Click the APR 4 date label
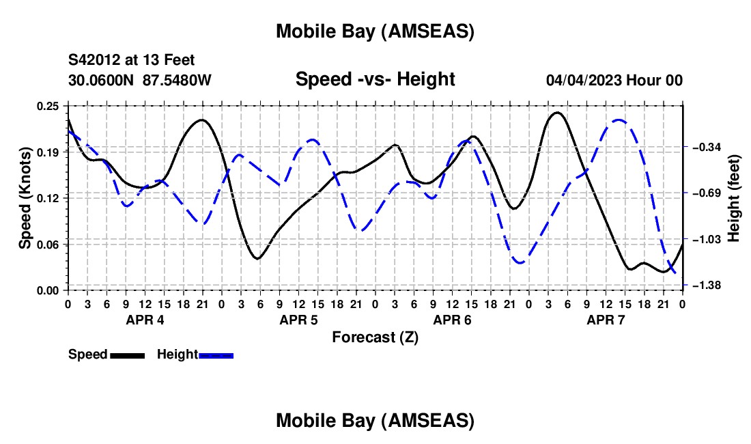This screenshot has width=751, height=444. click(144, 320)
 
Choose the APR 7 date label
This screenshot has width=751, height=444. click(605, 320)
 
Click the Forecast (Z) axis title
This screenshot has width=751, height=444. click(375, 337)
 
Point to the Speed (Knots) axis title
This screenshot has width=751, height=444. click(25, 198)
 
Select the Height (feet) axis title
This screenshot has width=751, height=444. click(735, 198)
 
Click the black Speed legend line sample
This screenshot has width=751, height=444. click(128, 355)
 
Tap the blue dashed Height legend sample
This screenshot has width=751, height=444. click(216, 355)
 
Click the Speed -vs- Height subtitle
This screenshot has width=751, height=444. click(375, 79)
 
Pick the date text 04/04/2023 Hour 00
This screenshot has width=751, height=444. click(614, 80)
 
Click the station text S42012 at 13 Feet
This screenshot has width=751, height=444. click(132, 60)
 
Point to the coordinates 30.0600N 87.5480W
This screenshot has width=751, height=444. click(140, 80)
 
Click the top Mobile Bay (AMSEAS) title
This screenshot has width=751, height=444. click(375, 31)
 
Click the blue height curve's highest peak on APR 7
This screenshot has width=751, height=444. click(619, 120)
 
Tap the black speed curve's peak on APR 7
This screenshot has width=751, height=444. click(558, 113)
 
